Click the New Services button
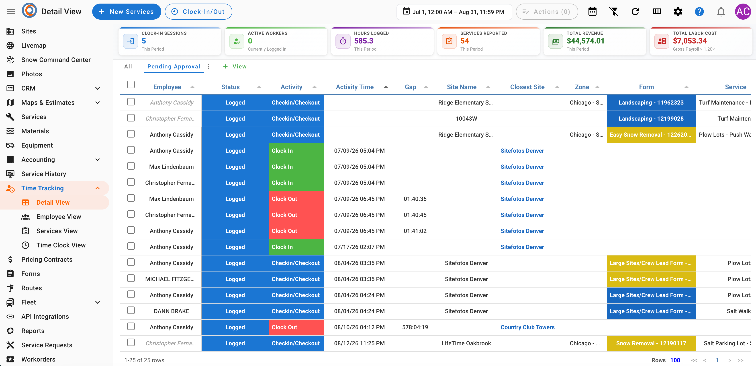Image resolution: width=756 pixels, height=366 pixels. [127, 12]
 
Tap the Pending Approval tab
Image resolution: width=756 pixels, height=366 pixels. [174, 67]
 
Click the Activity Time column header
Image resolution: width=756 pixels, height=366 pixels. [355, 87]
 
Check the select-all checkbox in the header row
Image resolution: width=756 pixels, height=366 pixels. [131, 85]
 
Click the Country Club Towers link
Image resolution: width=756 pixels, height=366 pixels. [527, 327]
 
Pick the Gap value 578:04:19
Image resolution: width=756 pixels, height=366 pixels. [415, 327]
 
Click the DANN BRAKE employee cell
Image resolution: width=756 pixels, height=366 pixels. [171, 311]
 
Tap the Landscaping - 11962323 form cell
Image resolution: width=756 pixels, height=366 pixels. [651, 103]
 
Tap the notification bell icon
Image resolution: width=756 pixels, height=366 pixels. [721, 12]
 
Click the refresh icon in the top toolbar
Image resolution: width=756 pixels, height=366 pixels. [635, 12]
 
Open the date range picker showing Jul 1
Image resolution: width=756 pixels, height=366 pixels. [454, 12]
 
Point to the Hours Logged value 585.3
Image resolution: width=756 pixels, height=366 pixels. [364, 41]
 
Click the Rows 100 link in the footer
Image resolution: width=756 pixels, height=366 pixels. [675, 360]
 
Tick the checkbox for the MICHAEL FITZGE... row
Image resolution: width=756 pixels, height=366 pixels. [131, 278]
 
